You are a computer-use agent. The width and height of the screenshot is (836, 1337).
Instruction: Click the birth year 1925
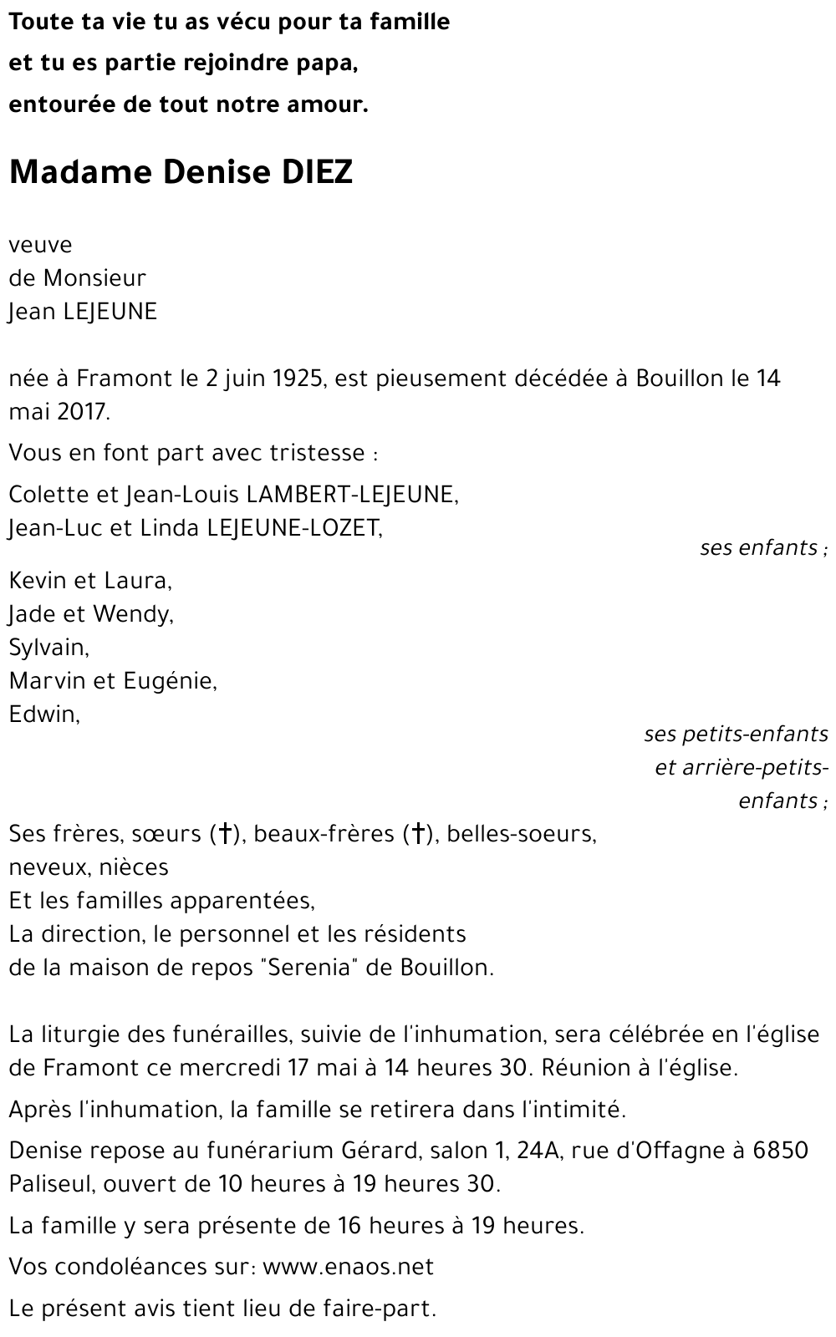coord(298,379)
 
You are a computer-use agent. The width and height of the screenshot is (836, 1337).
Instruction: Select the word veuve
coord(40,246)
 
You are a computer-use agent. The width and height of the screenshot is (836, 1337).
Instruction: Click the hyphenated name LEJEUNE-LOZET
coord(293,528)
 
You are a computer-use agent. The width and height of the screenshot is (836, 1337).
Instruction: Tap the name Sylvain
coord(48,648)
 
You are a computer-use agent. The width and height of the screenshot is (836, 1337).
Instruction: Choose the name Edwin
coord(43,714)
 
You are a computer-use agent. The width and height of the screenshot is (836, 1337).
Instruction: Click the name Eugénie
coord(169,682)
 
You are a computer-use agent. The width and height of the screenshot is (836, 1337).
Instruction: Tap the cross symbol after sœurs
coord(224,833)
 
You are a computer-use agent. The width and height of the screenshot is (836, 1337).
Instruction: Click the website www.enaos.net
coord(348,1267)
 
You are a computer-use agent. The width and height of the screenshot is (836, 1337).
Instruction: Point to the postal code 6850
coord(780,1151)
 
